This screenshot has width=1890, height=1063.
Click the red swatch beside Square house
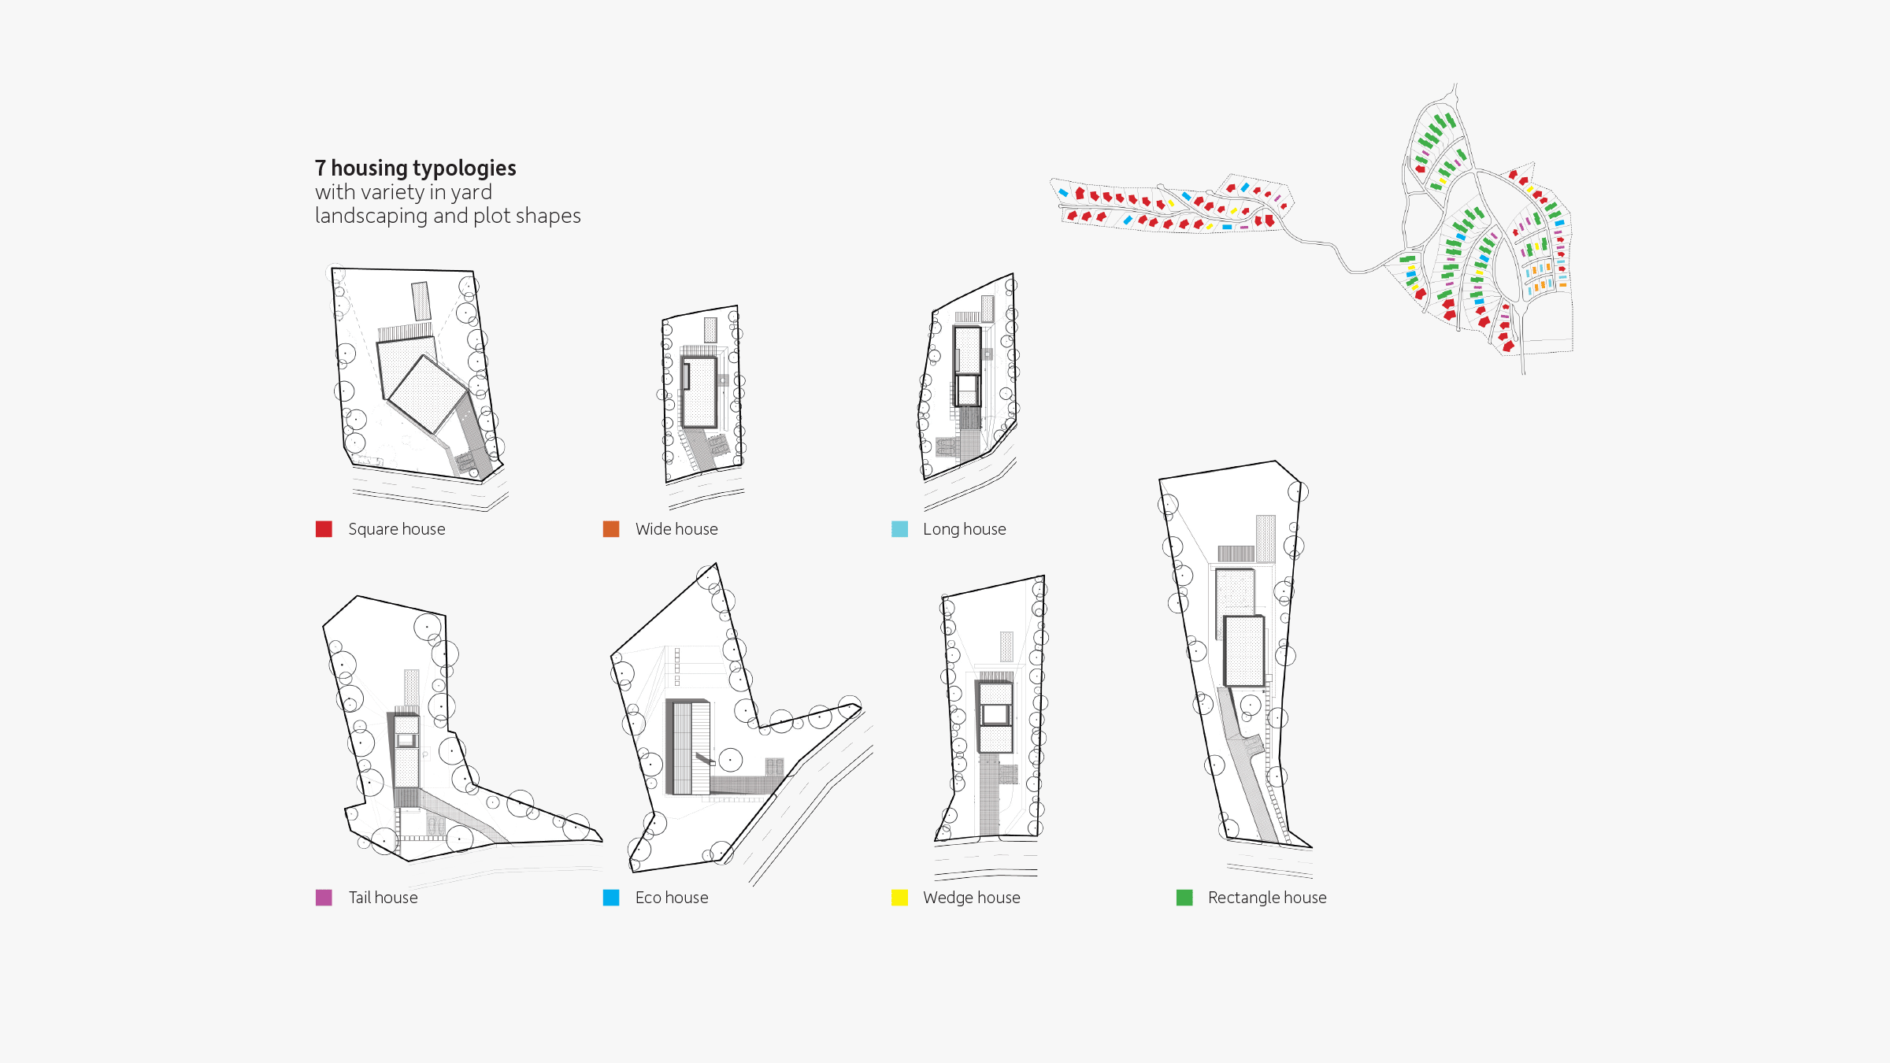click(324, 529)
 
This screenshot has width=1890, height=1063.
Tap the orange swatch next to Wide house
click(611, 529)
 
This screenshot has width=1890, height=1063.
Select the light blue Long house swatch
click(899, 529)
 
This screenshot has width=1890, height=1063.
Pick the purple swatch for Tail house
click(324, 898)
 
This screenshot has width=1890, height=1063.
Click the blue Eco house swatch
click(611, 898)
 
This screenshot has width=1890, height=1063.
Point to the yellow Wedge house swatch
click(899, 898)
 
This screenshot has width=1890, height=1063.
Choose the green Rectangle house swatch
click(1184, 898)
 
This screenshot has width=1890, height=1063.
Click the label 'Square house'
click(397, 529)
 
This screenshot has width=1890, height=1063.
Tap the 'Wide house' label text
click(676, 529)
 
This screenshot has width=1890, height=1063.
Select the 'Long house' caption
click(965, 529)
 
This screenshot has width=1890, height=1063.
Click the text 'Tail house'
click(384, 898)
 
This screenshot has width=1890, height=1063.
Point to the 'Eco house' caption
click(672, 898)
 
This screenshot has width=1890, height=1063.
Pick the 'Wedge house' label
click(972, 898)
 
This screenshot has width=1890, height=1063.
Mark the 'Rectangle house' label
click(1267, 898)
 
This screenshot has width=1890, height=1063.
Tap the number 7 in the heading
click(321, 169)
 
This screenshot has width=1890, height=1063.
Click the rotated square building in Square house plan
click(428, 393)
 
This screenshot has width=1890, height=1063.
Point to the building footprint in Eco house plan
click(688, 747)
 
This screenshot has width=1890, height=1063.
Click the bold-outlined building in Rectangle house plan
click(1244, 650)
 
